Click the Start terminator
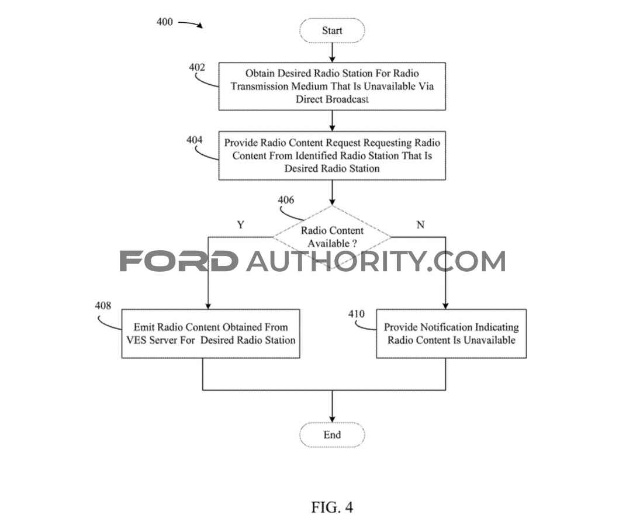[x=332, y=30]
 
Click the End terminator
[x=332, y=435]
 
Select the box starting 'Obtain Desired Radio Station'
[x=332, y=87]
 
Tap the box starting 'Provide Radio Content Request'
[x=332, y=155]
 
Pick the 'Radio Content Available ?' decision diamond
[x=332, y=237]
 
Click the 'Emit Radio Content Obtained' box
[x=210, y=333]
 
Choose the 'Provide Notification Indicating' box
[x=451, y=333]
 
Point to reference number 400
[x=164, y=22]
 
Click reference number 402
[x=197, y=67]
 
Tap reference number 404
[x=195, y=140]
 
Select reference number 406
[x=286, y=200]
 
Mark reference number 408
[x=103, y=306]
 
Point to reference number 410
[x=356, y=314]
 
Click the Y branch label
[x=240, y=225]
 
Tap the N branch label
[x=420, y=225]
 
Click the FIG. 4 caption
[x=332, y=507]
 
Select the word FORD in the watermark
[x=178, y=261]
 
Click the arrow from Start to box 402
[x=332, y=52]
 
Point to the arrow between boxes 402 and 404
[x=332, y=120]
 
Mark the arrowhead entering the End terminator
[x=332, y=419]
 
